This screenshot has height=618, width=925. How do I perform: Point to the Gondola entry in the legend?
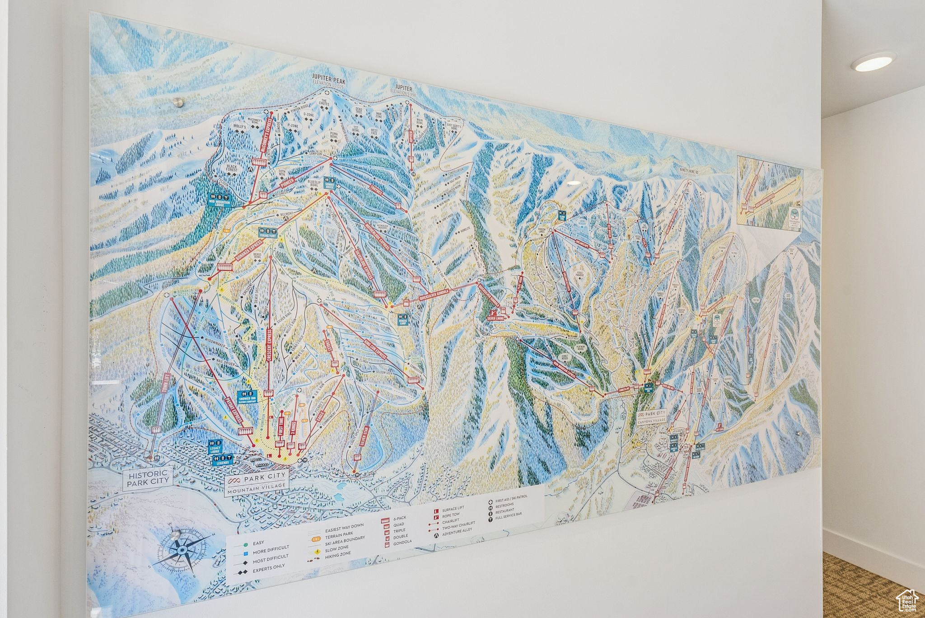pyautogui.click(x=402, y=542)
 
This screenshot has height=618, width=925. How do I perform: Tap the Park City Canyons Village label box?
pyautogui.click(x=652, y=416)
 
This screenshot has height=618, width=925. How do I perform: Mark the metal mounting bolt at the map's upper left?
pyautogui.click(x=179, y=103)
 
